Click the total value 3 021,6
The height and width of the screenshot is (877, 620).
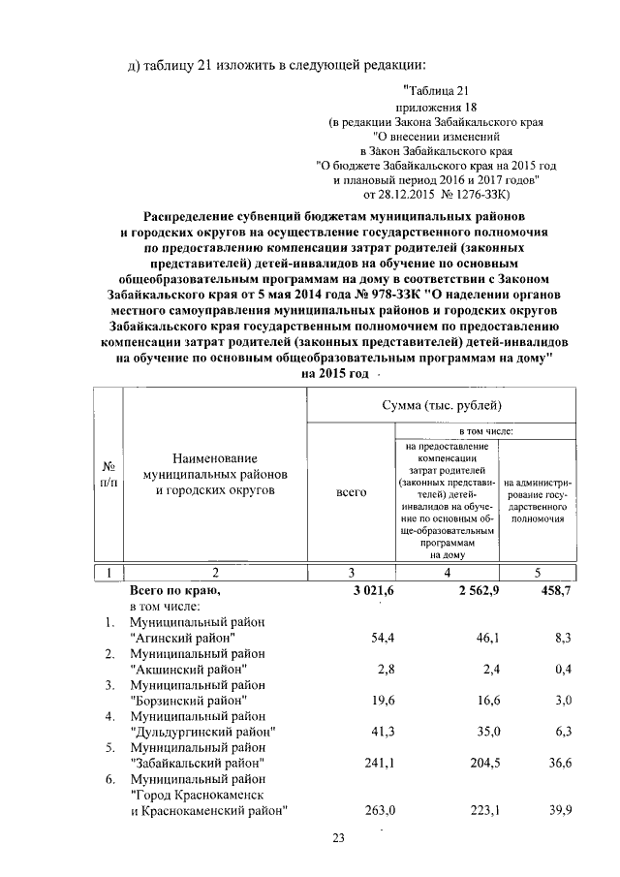tap(346, 590)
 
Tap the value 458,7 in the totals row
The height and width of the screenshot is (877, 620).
tap(552, 590)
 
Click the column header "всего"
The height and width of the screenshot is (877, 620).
tap(350, 492)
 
